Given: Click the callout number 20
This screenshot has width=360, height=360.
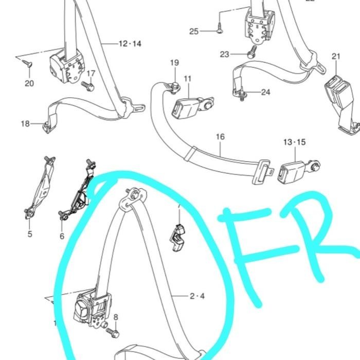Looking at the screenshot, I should (29, 83).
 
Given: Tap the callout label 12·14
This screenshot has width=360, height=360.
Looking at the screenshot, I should (130, 44).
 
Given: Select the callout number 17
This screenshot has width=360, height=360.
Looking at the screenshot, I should (91, 73).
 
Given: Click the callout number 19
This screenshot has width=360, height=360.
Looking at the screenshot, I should (174, 63).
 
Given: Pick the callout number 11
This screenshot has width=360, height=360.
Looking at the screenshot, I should (187, 79).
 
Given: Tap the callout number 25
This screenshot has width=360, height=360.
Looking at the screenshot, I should (193, 31).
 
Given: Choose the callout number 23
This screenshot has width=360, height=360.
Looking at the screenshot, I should (224, 54).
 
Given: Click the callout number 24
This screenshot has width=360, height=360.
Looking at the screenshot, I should (265, 93).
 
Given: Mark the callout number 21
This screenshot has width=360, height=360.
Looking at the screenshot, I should (336, 57).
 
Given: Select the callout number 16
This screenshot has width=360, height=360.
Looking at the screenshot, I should (220, 137).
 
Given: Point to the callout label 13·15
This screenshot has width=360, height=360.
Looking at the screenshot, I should (294, 141).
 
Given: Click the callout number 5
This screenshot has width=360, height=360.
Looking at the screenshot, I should (30, 234).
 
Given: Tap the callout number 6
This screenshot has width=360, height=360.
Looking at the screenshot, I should (62, 236).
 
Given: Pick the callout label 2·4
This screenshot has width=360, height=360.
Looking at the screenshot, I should (197, 296).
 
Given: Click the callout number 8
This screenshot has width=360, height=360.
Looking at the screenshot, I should (115, 317).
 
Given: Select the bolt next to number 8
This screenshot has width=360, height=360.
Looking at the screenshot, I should (114, 333).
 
